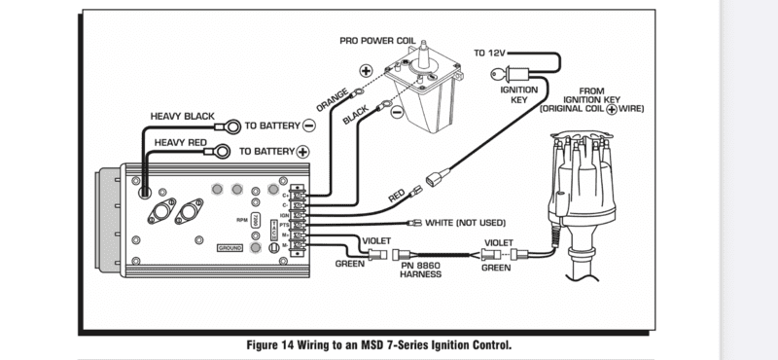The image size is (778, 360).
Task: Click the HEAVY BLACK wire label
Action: pos(182,116)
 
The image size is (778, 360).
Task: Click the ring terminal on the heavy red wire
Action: pos(224,152)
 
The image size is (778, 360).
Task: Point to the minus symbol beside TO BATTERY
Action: pos(308,126)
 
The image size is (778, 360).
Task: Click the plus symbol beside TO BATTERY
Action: pos(302,152)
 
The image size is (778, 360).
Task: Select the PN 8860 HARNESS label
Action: pos(421,270)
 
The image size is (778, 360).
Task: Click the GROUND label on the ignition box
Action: pos(230,248)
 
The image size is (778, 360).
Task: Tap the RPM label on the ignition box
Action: pos(241,220)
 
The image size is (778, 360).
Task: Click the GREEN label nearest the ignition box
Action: pos(351,263)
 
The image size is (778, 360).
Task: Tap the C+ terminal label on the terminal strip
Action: pos(285,194)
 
